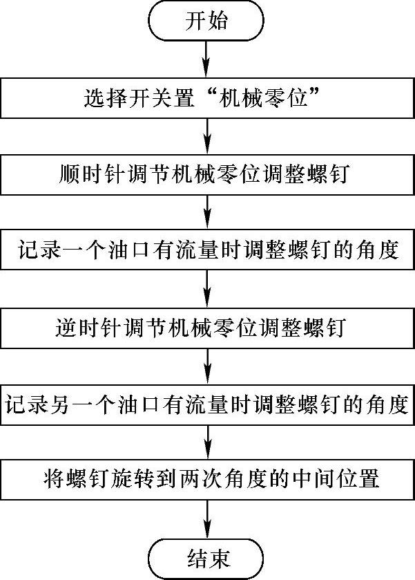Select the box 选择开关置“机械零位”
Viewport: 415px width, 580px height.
point(207,98)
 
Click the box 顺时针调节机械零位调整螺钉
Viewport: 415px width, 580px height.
point(207,174)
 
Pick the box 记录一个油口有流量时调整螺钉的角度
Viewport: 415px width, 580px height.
point(207,250)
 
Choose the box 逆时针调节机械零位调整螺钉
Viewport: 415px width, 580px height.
point(207,326)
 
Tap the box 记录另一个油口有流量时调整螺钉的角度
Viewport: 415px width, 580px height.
point(207,402)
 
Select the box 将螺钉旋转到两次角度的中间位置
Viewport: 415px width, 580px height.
point(207,478)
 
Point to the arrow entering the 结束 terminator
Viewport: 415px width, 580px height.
point(207,517)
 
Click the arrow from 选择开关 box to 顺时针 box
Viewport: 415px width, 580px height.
point(207,136)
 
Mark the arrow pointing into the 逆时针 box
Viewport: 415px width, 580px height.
point(207,288)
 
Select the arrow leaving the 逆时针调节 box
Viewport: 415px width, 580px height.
point(207,364)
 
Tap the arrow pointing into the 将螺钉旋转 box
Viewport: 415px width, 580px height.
point(207,440)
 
